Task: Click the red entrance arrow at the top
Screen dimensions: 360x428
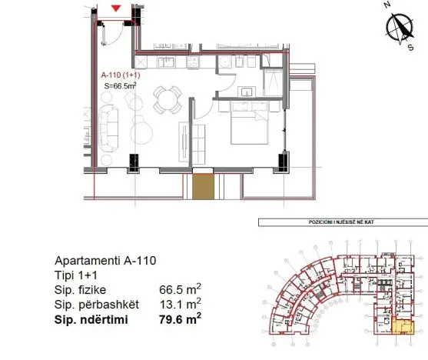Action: click(116, 8)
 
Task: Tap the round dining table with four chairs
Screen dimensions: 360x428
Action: click(167, 98)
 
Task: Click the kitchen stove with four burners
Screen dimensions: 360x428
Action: click(193, 62)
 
